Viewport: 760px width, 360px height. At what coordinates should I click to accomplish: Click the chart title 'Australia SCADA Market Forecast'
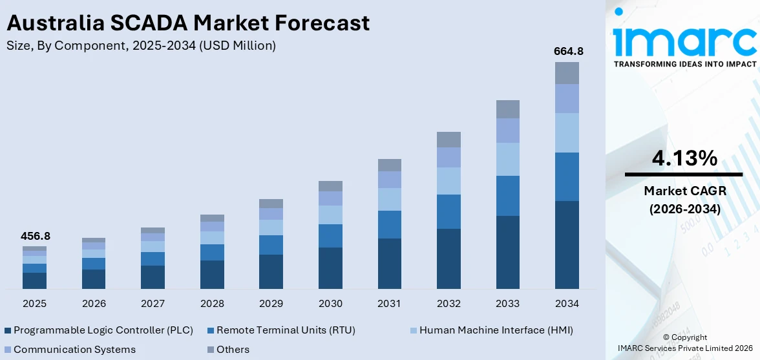pos(188,23)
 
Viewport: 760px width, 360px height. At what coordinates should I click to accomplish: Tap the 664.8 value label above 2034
pos(567,51)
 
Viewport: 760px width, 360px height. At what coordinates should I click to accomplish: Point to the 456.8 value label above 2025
pos(35,237)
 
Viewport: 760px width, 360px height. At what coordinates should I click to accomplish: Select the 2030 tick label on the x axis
pos(330,303)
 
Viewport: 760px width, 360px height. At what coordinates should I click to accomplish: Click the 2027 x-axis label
pos(153,303)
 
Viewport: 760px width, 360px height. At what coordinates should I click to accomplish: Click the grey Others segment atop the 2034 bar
pos(567,73)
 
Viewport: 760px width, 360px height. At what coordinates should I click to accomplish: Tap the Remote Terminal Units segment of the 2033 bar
pos(508,195)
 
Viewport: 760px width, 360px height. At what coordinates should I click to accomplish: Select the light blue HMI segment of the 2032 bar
pos(449,181)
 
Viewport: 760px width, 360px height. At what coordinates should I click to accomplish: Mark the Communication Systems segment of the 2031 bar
pos(390,180)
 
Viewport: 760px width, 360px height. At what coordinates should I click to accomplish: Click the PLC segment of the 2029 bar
pos(271,271)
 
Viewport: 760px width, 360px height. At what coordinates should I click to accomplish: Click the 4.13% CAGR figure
pos(683,158)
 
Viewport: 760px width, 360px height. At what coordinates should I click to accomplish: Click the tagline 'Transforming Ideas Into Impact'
pos(684,64)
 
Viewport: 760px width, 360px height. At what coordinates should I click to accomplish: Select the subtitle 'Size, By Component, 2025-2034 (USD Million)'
pos(141,45)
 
